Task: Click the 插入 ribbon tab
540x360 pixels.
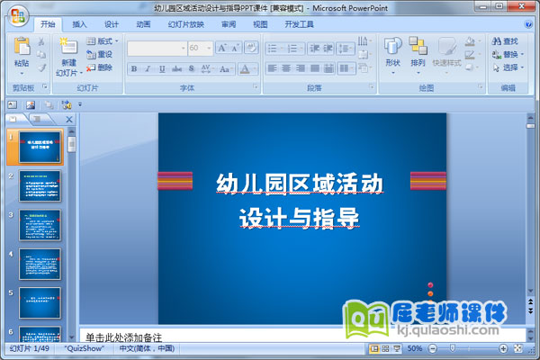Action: click(x=79, y=25)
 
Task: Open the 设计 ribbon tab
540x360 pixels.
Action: click(x=111, y=25)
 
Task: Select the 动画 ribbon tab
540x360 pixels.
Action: click(x=143, y=25)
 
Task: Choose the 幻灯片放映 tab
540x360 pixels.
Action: click(x=186, y=25)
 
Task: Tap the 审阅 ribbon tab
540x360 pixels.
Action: click(x=229, y=25)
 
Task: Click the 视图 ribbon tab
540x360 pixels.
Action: click(x=260, y=25)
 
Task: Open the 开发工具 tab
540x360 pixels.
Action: click(x=299, y=25)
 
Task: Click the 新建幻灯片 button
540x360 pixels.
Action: click(x=68, y=56)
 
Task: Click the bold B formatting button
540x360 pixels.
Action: click(x=133, y=68)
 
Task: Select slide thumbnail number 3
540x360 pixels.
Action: click(x=40, y=225)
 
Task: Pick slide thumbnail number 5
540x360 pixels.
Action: click(x=40, y=302)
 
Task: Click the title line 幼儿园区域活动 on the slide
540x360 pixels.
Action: click(x=300, y=184)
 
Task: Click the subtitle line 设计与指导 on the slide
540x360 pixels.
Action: click(x=300, y=218)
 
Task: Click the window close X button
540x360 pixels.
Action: click(x=526, y=7)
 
